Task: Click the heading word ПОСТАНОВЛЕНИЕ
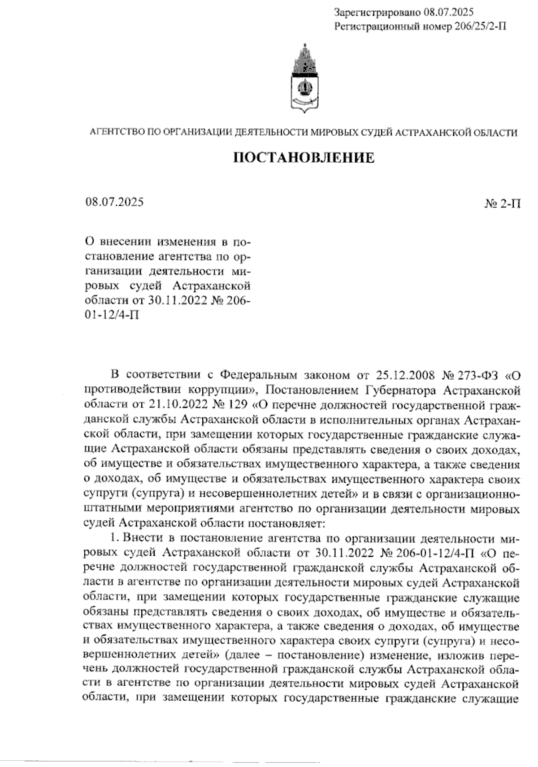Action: (x=304, y=158)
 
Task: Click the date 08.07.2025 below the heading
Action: (x=114, y=202)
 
